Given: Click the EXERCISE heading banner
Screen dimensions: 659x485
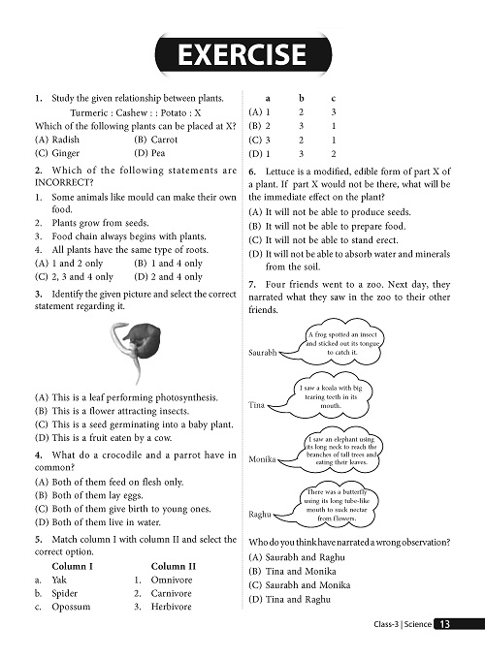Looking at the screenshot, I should click(x=242, y=55).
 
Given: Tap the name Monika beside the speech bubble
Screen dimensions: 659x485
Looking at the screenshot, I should click(x=262, y=457).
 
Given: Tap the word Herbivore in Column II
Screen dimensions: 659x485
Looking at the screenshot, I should click(x=172, y=607).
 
